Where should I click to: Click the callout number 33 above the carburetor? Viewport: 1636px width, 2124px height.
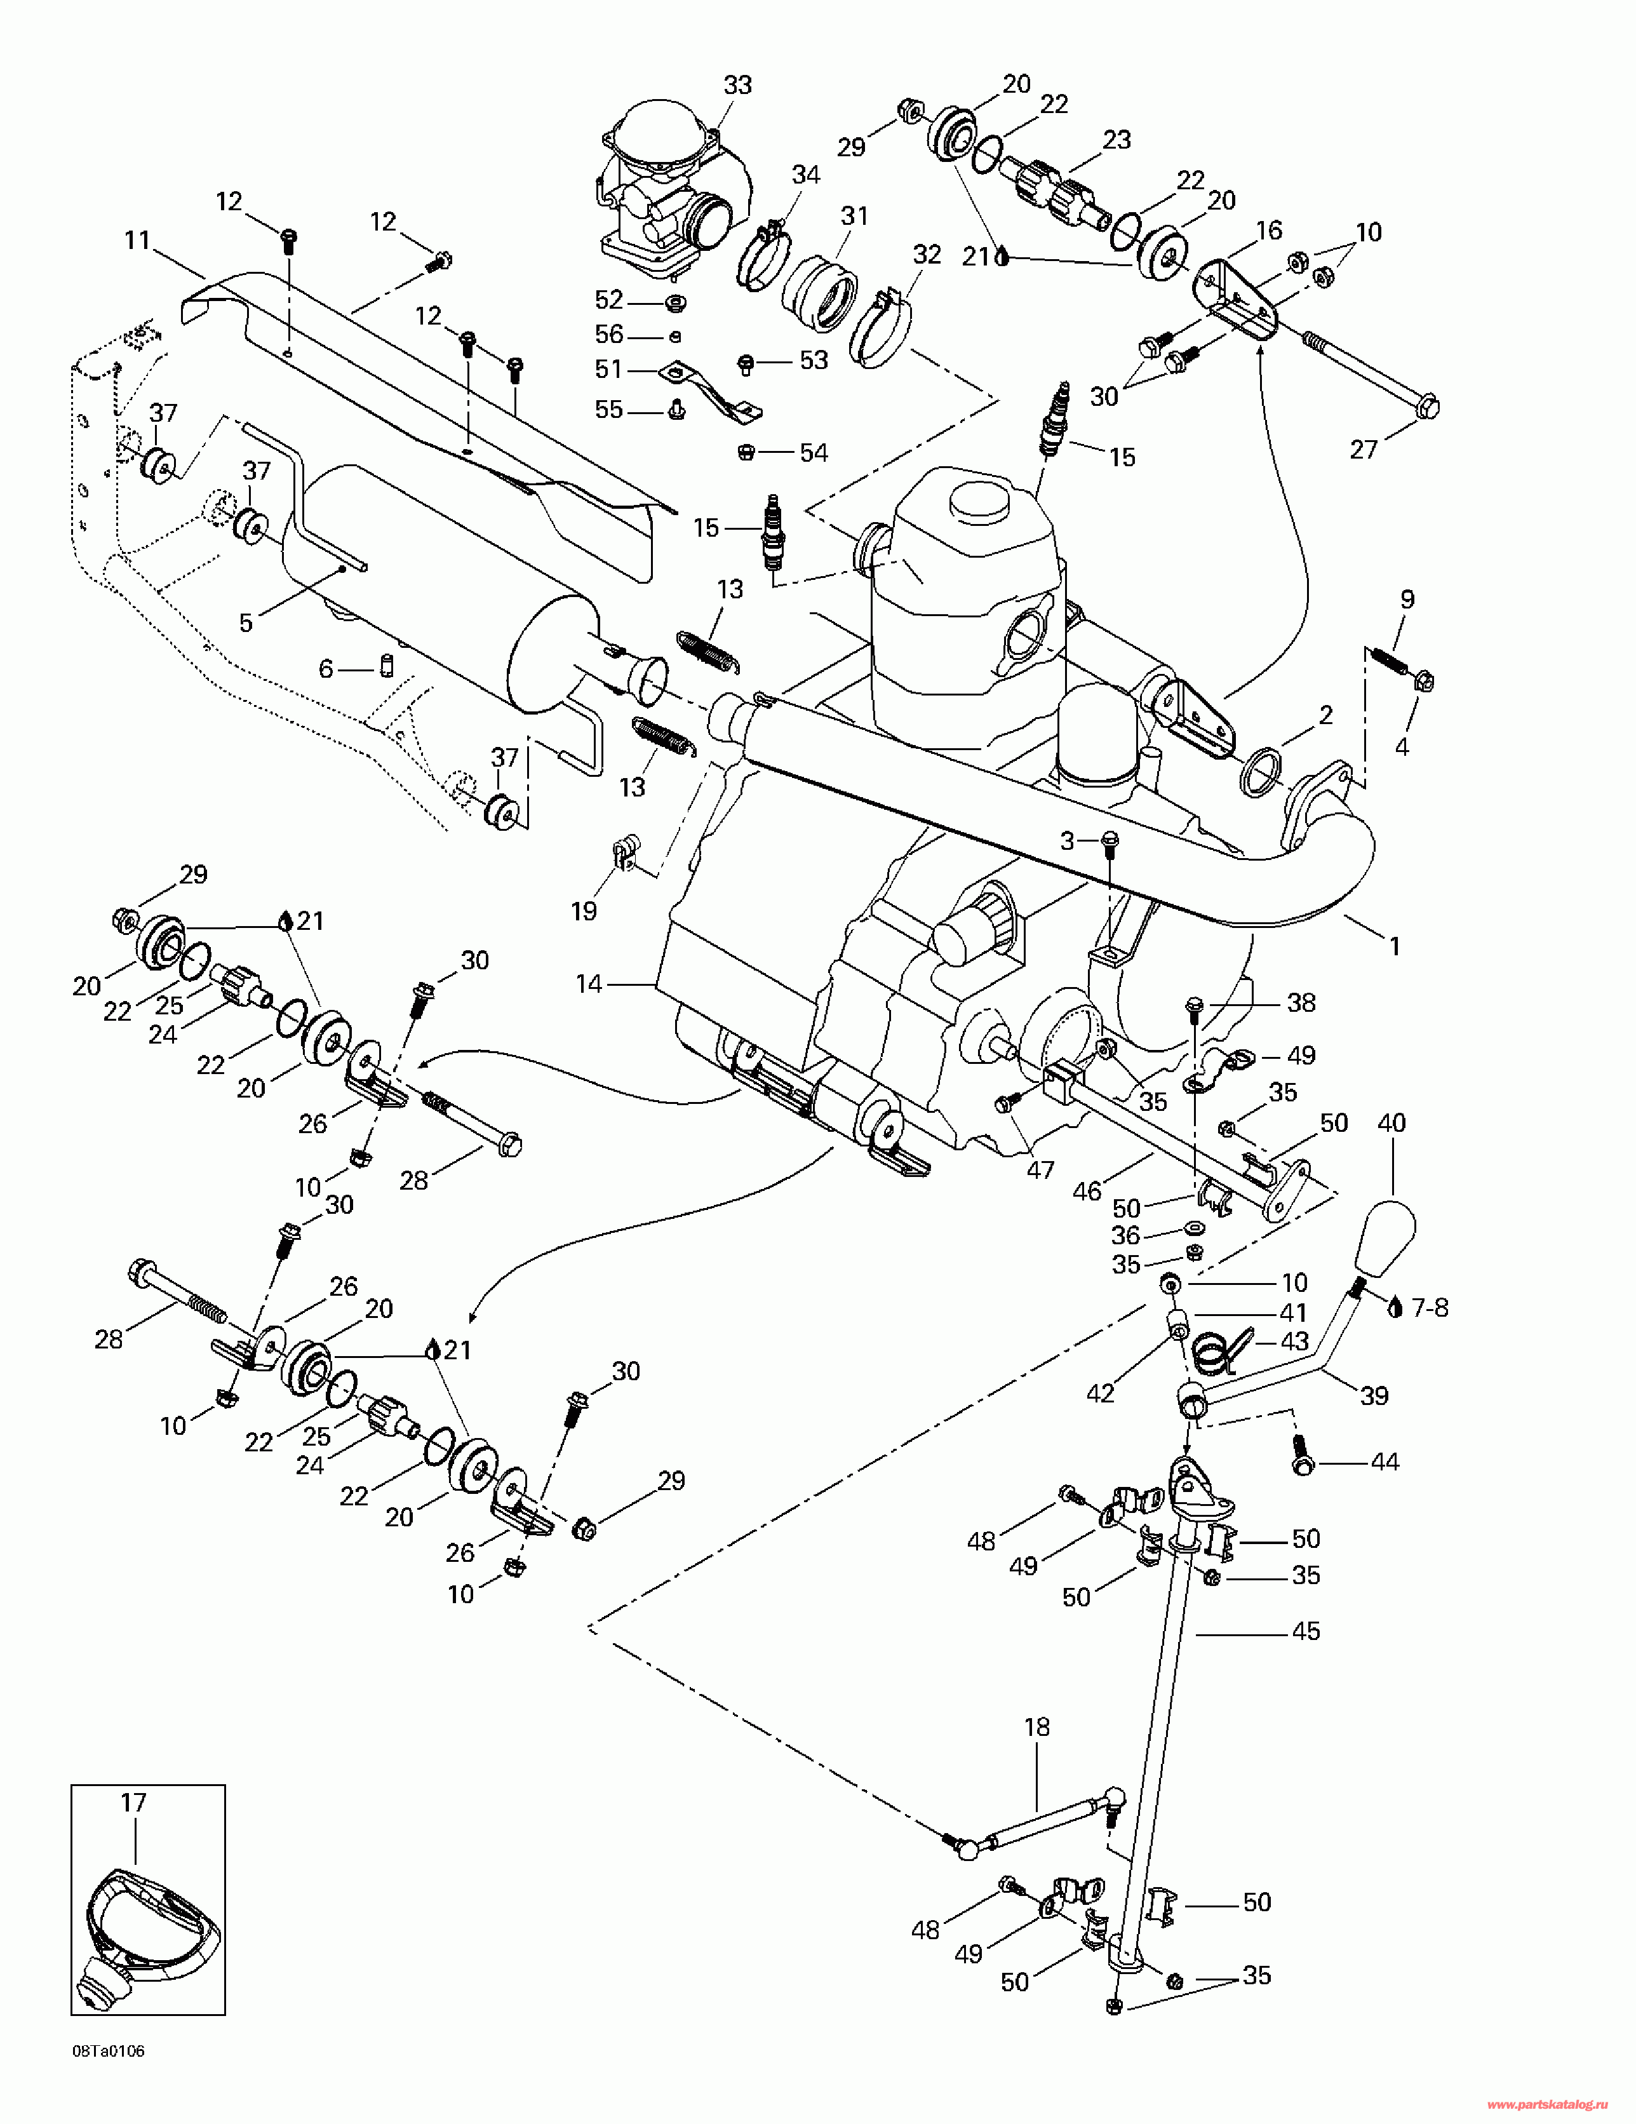pos(738,86)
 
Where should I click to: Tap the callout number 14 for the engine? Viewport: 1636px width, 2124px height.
pos(589,985)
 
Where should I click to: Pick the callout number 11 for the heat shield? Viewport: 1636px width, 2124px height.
pos(137,239)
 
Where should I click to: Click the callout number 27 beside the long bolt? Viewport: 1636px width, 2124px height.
pos(1364,448)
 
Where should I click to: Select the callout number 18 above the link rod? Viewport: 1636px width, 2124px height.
pos(1037,1727)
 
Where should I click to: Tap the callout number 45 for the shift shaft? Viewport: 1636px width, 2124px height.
pos(1305,1631)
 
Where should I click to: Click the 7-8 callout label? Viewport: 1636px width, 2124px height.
pos(1429,1308)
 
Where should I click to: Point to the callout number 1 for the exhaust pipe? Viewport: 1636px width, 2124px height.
pos(1394,945)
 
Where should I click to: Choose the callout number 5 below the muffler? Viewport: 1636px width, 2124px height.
pos(246,622)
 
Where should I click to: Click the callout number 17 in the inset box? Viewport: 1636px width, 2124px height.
pos(133,1802)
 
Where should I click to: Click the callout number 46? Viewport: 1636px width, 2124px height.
pos(1085,1190)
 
